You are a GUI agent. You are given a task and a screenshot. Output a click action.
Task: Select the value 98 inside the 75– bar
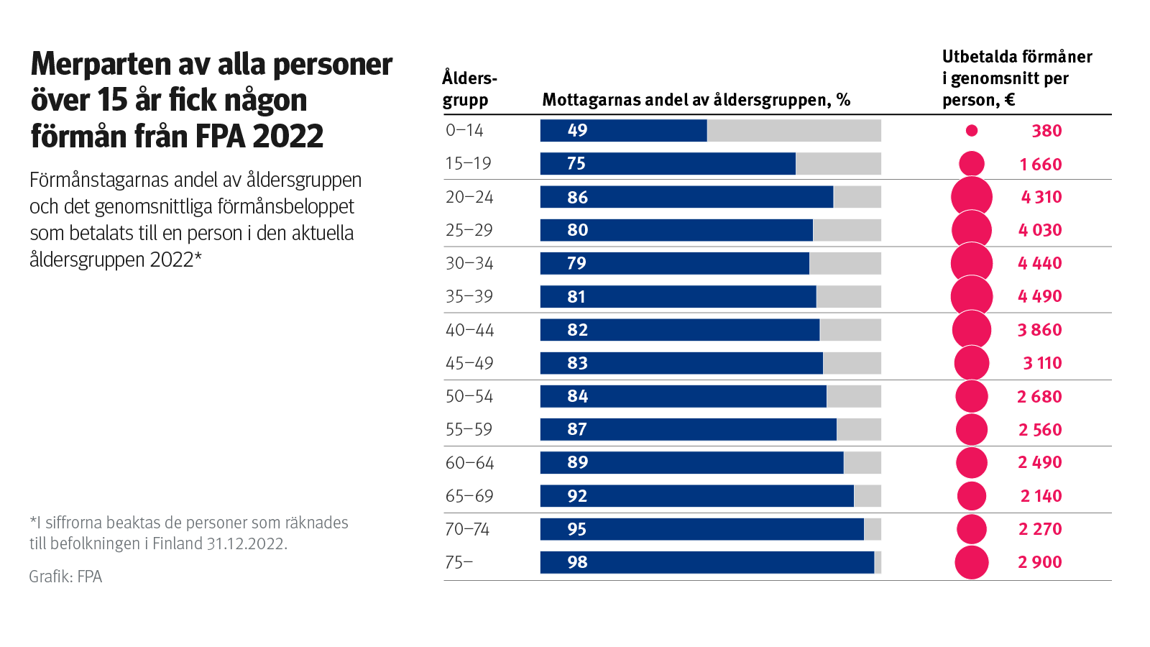click(577, 562)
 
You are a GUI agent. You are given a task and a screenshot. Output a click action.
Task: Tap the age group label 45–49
click(469, 363)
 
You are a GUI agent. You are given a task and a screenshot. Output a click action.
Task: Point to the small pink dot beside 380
click(972, 131)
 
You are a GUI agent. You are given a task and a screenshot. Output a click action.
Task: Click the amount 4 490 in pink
click(1039, 296)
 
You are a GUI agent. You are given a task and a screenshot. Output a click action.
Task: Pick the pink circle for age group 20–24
click(972, 197)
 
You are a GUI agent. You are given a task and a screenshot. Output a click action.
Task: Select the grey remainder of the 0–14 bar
click(793, 130)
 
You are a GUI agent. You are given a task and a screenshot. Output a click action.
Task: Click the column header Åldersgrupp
click(469, 88)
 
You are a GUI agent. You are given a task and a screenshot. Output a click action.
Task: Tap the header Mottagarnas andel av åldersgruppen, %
click(696, 100)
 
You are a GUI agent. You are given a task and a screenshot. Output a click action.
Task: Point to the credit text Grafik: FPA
click(65, 577)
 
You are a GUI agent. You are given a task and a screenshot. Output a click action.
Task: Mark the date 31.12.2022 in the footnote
click(246, 543)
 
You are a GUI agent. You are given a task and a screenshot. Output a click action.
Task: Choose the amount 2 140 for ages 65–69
click(1041, 496)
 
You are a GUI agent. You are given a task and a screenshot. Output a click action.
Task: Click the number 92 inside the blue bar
click(577, 496)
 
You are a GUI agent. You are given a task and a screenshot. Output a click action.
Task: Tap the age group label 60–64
click(469, 463)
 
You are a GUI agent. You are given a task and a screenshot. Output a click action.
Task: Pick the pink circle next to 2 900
click(972, 562)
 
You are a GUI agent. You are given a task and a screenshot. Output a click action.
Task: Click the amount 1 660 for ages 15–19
click(1040, 164)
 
